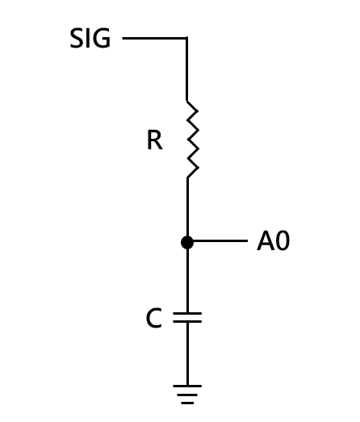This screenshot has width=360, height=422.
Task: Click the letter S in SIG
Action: pos(76,38)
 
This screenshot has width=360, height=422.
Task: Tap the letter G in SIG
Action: pos(102,38)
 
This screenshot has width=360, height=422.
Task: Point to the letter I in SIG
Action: pos(88,38)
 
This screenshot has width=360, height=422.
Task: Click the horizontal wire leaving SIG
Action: pos(154,38)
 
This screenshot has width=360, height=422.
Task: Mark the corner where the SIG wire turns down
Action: pos(187,38)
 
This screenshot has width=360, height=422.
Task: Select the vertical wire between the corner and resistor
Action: pos(187,69)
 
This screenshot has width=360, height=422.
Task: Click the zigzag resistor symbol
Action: pos(193,139)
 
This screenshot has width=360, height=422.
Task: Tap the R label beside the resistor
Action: pos(155,140)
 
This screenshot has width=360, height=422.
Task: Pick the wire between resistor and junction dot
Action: pos(187,207)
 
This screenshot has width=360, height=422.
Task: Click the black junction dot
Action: pos(187,242)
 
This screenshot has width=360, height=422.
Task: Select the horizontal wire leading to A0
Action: pos(220,240)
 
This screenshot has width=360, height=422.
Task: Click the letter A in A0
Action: pos(265,241)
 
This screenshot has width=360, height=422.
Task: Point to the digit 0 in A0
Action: pos(283,241)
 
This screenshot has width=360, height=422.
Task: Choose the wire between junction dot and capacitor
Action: pos(187,280)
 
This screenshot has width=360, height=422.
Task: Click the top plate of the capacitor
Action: pos(187,314)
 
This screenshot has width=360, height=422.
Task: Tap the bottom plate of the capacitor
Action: pos(187,321)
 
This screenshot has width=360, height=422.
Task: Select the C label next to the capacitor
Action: pos(154,318)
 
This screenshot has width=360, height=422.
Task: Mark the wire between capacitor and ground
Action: pos(187,354)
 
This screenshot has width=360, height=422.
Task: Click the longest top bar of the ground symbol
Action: pos(187,386)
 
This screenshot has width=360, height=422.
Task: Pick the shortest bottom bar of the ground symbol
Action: pos(187,403)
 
